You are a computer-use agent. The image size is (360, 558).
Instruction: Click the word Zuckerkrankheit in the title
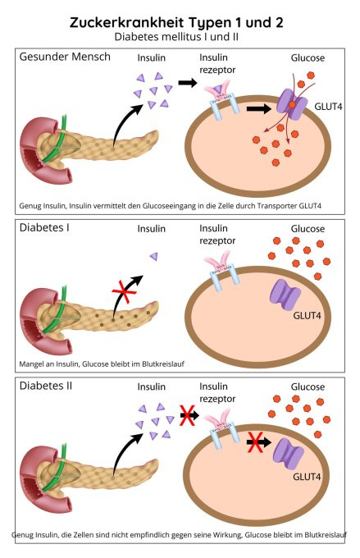tap(127, 22)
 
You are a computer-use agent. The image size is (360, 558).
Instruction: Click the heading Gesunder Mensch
tap(65, 57)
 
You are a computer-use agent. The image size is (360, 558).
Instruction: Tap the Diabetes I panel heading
tap(44, 228)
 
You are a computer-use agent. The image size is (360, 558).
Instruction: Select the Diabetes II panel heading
tap(46, 386)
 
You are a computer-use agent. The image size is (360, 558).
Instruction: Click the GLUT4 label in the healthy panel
tap(328, 107)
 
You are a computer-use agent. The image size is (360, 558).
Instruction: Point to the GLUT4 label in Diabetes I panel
tap(307, 316)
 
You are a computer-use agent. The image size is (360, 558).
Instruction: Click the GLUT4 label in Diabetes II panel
tap(307, 477)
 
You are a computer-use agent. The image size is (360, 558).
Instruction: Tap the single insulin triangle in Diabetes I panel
tap(154, 256)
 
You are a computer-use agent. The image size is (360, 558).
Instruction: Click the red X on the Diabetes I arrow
tap(124, 291)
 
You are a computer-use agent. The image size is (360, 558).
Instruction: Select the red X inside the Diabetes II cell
tap(256, 442)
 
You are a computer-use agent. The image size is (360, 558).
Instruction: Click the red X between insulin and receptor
tap(187, 415)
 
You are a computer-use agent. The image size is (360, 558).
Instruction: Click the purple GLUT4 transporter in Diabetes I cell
tap(285, 295)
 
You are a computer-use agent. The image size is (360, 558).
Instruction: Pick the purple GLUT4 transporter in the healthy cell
tap(292, 103)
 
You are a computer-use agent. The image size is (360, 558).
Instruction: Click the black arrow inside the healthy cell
tap(258, 109)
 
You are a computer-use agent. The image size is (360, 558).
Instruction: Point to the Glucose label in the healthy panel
tap(308, 58)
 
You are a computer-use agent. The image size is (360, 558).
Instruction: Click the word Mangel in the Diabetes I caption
tap(30, 364)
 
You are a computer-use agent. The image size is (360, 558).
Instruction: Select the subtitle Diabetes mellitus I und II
tap(176, 37)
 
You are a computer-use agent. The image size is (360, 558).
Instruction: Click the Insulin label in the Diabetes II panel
tap(152, 386)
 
